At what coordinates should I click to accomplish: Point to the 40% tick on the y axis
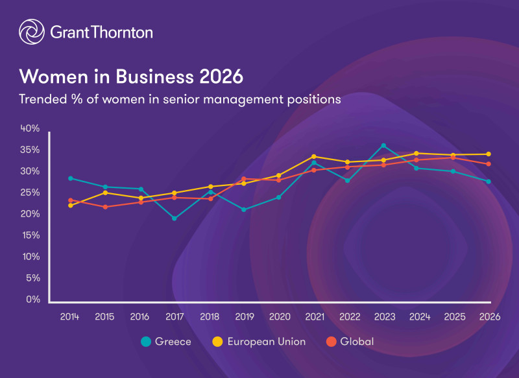[x=30, y=128]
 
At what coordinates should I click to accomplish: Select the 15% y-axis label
[x=30, y=235]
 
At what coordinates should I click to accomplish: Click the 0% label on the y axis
[x=33, y=300]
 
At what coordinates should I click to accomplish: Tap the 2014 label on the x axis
[x=69, y=317]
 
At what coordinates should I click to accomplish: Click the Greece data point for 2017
[x=175, y=219]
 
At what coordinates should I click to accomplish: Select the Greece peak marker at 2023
[x=383, y=146]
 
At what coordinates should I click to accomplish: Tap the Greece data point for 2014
[x=70, y=178]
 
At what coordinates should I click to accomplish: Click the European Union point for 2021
[x=314, y=156]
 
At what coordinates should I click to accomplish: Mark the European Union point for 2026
[x=488, y=154]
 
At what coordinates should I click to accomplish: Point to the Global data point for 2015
[x=105, y=207]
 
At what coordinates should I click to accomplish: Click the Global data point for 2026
[x=488, y=164]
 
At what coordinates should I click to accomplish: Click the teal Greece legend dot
[x=146, y=342]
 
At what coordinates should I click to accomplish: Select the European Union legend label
[x=266, y=342]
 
